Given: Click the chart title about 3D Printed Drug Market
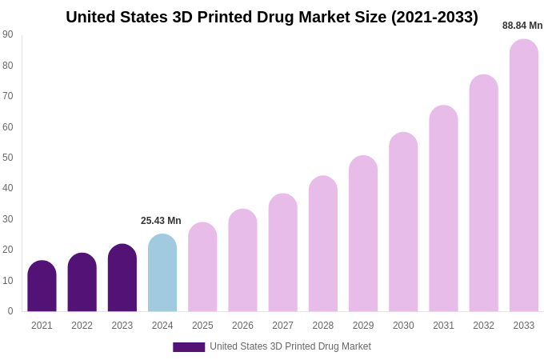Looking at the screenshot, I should [x=272, y=17].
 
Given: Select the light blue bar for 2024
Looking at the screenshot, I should [x=162, y=274].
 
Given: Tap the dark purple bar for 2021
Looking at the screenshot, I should [x=42, y=286].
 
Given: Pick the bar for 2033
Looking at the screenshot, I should [x=524, y=176].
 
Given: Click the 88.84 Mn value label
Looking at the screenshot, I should [x=522, y=26].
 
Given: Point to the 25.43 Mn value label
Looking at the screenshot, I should [x=161, y=221].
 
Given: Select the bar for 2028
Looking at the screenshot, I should [x=323, y=244].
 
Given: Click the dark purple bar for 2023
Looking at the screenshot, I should [x=122, y=278].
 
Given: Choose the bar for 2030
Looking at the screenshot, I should [x=403, y=222].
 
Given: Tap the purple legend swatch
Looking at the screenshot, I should [x=189, y=347].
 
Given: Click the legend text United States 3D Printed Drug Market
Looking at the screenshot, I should [x=290, y=346].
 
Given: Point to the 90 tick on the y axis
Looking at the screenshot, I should [x=8, y=34].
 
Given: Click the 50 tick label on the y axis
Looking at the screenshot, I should [x=8, y=158].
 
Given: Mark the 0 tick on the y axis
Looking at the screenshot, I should [x=10, y=311].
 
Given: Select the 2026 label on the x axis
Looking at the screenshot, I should [x=242, y=326].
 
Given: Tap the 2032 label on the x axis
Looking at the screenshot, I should [x=483, y=326].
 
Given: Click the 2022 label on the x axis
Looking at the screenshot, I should [x=82, y=326].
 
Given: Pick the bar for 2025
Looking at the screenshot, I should [x=202, y=267].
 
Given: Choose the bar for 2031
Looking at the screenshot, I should [x=443, y=209].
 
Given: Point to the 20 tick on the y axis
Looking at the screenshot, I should [x=8, y=250].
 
